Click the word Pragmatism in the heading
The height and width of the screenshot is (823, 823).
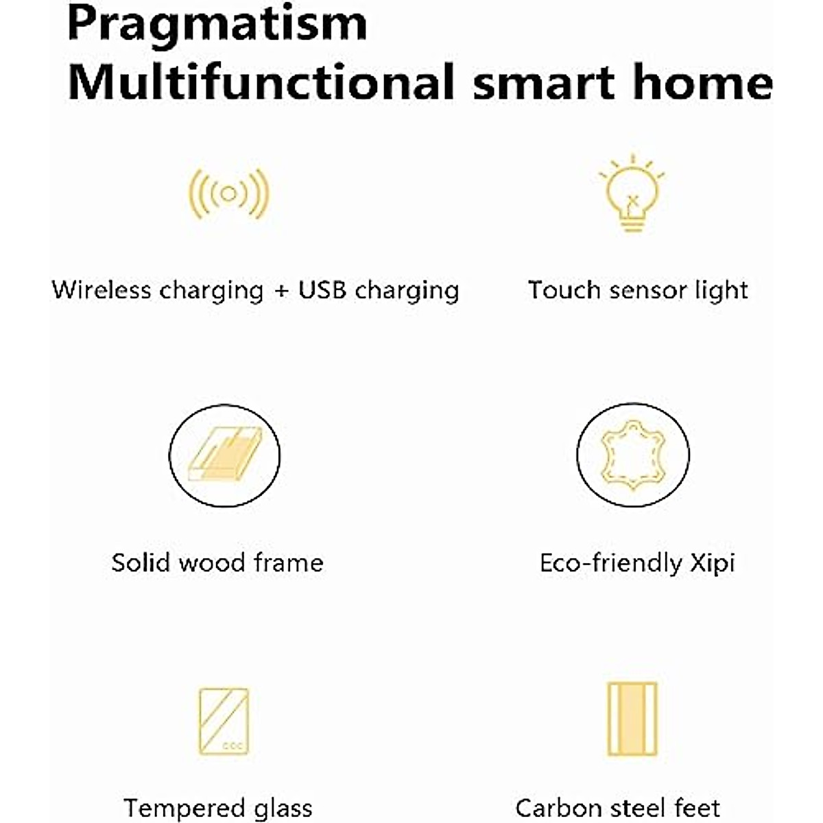tap(217, 25)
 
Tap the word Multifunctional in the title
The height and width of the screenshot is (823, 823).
tap(261, 82)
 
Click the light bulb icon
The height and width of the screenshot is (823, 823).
tap(632, 193)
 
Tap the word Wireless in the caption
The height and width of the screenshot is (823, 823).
tap(102, 290)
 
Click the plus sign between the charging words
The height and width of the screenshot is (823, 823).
tap(281, 291)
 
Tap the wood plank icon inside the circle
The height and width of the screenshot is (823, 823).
tap(225, 454)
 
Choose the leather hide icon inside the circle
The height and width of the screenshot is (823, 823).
tap(633, 455)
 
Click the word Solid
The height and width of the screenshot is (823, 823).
tap(141, 562)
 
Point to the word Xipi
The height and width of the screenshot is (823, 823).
tap(713, 564)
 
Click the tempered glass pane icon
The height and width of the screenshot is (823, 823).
tap(224, 721)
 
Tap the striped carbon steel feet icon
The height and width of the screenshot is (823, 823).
tap(632, 719)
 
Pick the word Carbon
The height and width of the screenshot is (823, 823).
tap(560, 809)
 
